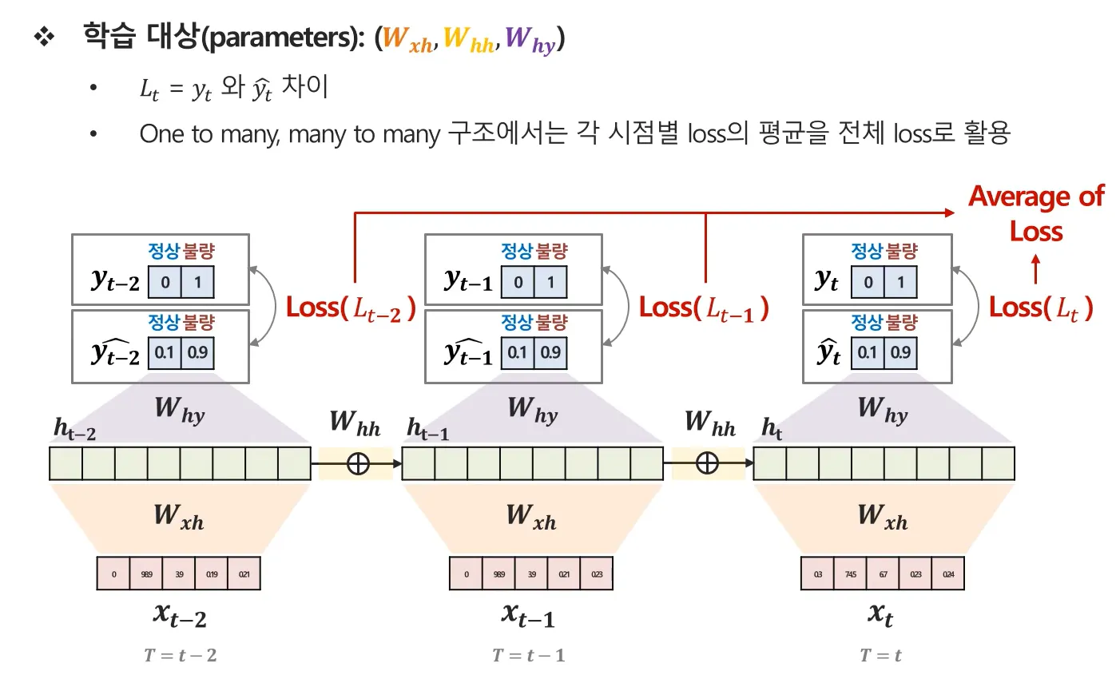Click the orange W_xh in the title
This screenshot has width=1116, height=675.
coord(407,40)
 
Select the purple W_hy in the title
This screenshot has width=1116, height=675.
coord(530,40)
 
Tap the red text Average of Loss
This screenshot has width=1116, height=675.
coord(1036,214)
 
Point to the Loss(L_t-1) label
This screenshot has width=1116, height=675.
coord(704,308)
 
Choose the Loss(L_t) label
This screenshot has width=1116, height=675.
coord(1041,308)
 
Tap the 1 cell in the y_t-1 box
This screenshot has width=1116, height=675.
coord(550,283)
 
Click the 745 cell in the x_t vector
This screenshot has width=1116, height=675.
coord(850,574)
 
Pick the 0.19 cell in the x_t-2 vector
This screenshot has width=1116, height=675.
coord(211,574)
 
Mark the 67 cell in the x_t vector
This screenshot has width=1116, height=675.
coord(883,574)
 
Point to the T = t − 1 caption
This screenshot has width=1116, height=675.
coord(529,656)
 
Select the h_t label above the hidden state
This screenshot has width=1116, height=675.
coord(772,430)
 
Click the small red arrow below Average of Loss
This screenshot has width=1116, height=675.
coord(1036,269)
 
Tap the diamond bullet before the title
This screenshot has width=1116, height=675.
coord(42,38)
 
